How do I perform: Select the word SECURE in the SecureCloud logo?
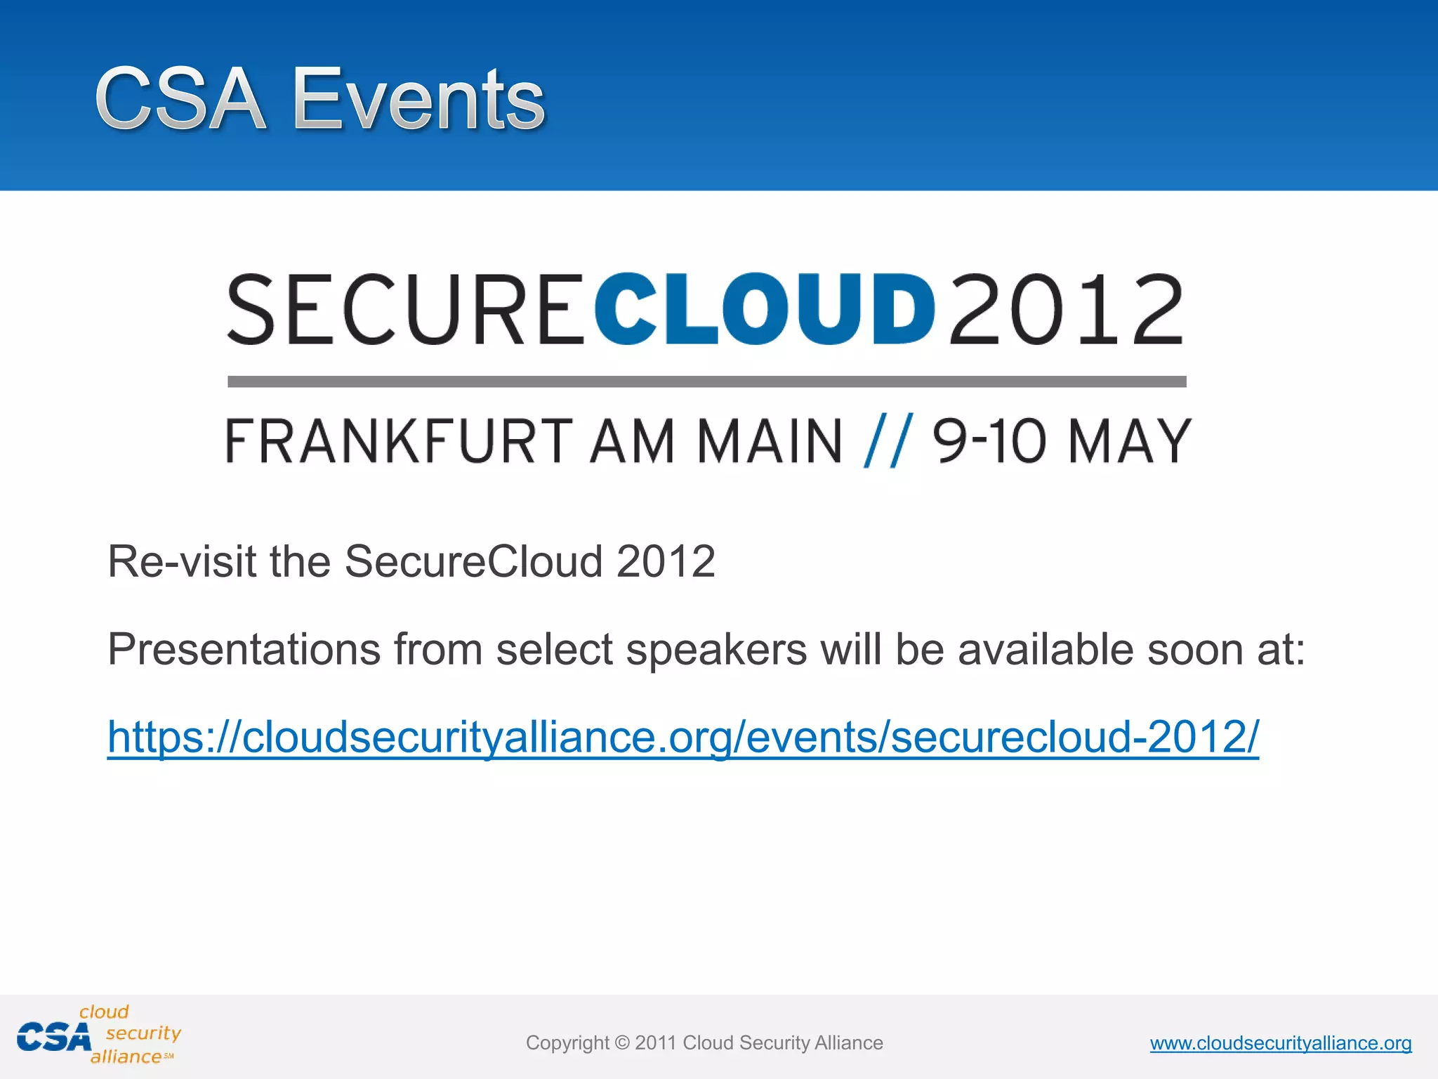pyautogui.click(x=406, y=310)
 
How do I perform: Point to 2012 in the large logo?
pyautogui.click(x=1066, y=310)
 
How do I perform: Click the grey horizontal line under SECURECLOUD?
pyautogui.click(x=706, y=381)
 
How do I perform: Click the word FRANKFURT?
pyautogui.click(x=399, y=441)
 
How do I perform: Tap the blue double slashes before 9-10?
pyautogui.click(x=888, y=441)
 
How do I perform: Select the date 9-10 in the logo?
pyautogui.click(x=989, y=441)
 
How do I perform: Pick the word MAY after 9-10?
pyautogui.click(x=1129, y=441)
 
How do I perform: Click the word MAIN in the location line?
pyautogui.click(x=770, y=441)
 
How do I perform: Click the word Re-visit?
pyautogui.click(x=181, y=561)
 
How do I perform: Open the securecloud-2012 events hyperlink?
pyautogui.click(x=682, y=737)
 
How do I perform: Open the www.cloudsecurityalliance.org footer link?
pyautogui.click(x=1280, y=1043)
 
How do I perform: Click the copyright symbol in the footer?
pyautogui.click(x=622, y=1043)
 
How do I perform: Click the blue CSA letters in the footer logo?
pyautogui.click(x=54, y=1038)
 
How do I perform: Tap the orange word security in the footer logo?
pyautogui.click(x=143, y=1033)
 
